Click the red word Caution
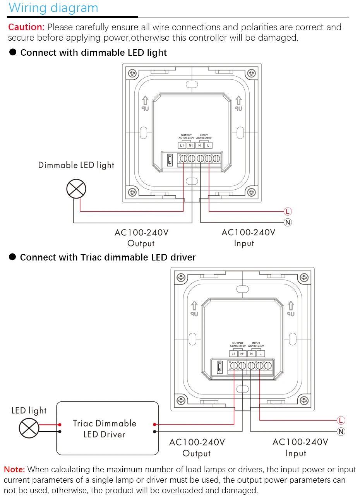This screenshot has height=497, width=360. [26, 27]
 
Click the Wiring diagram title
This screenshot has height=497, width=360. [53, 8]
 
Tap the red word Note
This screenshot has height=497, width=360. [14, 470]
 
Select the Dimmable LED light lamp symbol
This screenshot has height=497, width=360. [76, 189]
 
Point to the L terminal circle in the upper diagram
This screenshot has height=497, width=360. [288, 211]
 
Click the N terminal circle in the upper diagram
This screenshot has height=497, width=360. [288, 222]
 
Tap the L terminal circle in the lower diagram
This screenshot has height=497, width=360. [341, 420]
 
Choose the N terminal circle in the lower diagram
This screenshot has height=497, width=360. [341, 432]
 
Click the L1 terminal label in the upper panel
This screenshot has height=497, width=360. [182, 146]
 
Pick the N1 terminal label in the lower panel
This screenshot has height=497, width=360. [242, 354]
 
